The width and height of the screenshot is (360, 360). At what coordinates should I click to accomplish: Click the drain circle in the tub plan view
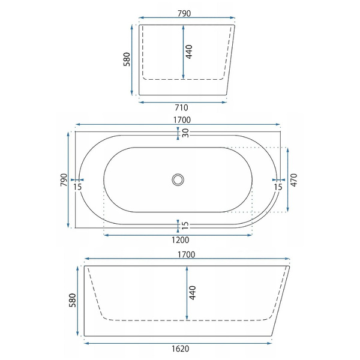pos(178,179)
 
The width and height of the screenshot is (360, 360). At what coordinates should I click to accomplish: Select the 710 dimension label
pos(181,107)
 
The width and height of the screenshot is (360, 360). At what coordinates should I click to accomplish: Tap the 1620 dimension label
pos(181,349)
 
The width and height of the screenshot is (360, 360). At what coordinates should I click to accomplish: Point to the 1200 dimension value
pos(181,240)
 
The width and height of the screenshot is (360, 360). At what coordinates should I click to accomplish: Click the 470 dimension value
pos(294,180)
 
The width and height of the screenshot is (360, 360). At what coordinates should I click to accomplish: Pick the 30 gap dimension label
pos(185,133)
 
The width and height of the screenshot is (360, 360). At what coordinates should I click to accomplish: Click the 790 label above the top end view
pos(184,14)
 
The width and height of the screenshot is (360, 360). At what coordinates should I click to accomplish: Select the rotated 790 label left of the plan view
pos(64,180)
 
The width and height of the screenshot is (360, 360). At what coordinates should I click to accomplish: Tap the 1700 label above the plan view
pos(182,120)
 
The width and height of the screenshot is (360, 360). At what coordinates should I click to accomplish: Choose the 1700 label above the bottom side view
pos(186,254)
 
